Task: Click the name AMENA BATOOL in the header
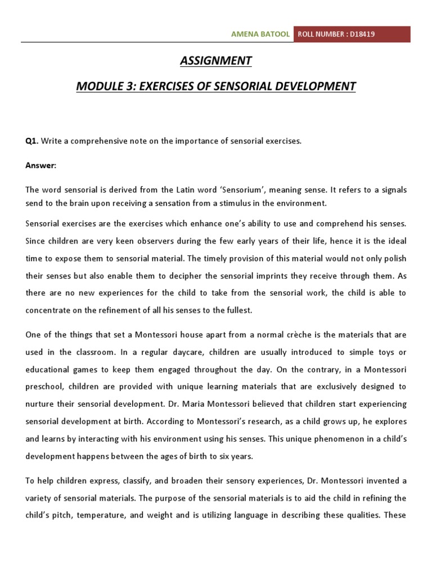pyautogui.click(x=260, y=34)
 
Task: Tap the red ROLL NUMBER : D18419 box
pyautogui.click(x=351, y=34)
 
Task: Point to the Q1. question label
pyautogui.click(x=31, y=141)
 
